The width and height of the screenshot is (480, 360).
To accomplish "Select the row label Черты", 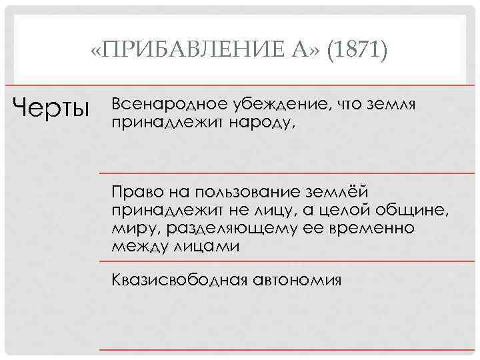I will click(52, 107).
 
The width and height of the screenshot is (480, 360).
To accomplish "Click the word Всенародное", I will click(167, 105).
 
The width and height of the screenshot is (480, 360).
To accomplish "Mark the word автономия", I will click(297, 279).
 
